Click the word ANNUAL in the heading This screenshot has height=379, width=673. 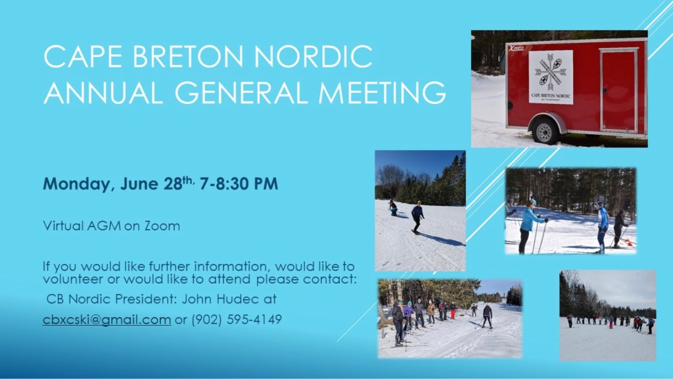pos(103,92)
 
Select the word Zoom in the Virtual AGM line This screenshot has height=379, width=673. pos(164,226)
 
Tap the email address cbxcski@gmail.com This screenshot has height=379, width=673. pos(106,320)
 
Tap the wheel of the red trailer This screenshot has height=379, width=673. pos(545,131)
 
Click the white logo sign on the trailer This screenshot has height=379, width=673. pos(551,77)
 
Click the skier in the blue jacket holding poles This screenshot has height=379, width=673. pos(528,224)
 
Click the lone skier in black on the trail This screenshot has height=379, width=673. pos(487,315)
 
